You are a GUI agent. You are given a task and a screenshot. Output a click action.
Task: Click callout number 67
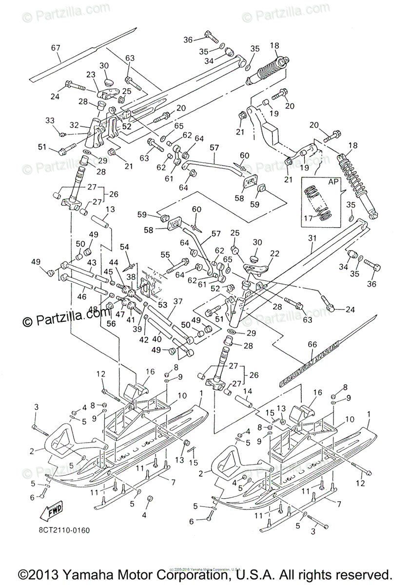pyautogui.click(x=55, y=47)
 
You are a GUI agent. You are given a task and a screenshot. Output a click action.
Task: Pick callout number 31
pyautogui.click(x=312, y=238)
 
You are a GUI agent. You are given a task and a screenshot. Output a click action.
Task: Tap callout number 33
pyautogui.click(x=50, y=120)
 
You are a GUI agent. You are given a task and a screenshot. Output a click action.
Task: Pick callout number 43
pyautogui.click(x=91, y=262)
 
